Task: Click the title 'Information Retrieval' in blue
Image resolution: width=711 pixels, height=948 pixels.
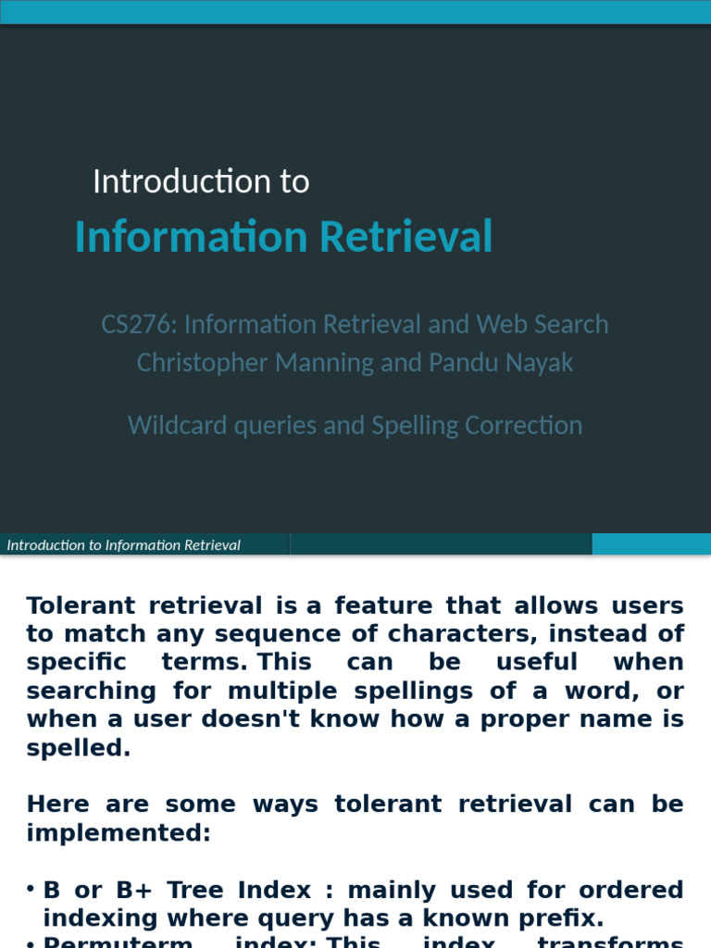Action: coord(283,236)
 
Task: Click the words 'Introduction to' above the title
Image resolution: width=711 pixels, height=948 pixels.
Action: coord(201,181)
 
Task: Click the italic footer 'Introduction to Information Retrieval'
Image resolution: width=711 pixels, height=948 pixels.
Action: coord(124,545)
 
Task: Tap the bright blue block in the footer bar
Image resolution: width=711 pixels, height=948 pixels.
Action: coord(651,544)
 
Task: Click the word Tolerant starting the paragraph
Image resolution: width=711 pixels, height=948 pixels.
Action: coord(81,605)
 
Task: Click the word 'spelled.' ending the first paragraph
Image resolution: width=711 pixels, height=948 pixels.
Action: coord(79,748)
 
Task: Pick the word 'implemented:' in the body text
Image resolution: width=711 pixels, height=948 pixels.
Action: coord(118,833)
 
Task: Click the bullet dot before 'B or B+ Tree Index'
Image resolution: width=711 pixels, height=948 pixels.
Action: coord(31,889)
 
